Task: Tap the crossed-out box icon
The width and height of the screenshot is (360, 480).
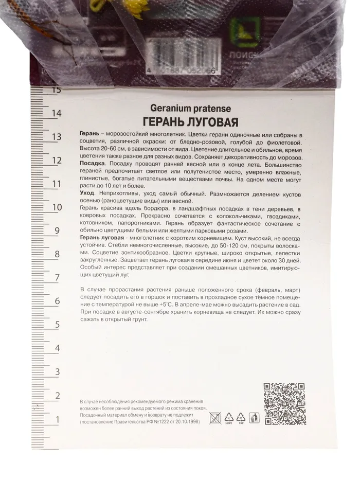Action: (x=214, y=418)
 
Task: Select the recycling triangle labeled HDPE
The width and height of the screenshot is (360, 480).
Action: (x=228, y=418)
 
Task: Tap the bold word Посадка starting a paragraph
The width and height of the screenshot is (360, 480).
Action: (x=93, y=162)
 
